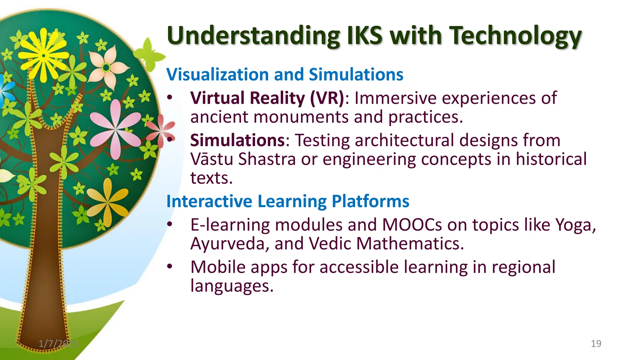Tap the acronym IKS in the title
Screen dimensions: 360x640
coord(364,35)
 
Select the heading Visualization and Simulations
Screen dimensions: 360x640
coord(285,74)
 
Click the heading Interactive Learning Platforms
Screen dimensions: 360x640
coord(288,201)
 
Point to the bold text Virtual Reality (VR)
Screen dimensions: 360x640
coord(267,98)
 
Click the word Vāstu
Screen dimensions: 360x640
coord(212,159)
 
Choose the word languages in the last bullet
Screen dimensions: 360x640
coord(232,286)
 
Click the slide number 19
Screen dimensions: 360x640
coord(596,344)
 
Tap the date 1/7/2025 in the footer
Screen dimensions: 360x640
coord(59,344)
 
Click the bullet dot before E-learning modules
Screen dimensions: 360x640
coord(170,224)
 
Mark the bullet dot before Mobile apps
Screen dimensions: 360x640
coord(170,266)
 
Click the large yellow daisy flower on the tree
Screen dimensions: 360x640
coord(44,56)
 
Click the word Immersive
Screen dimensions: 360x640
coord(395,98)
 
